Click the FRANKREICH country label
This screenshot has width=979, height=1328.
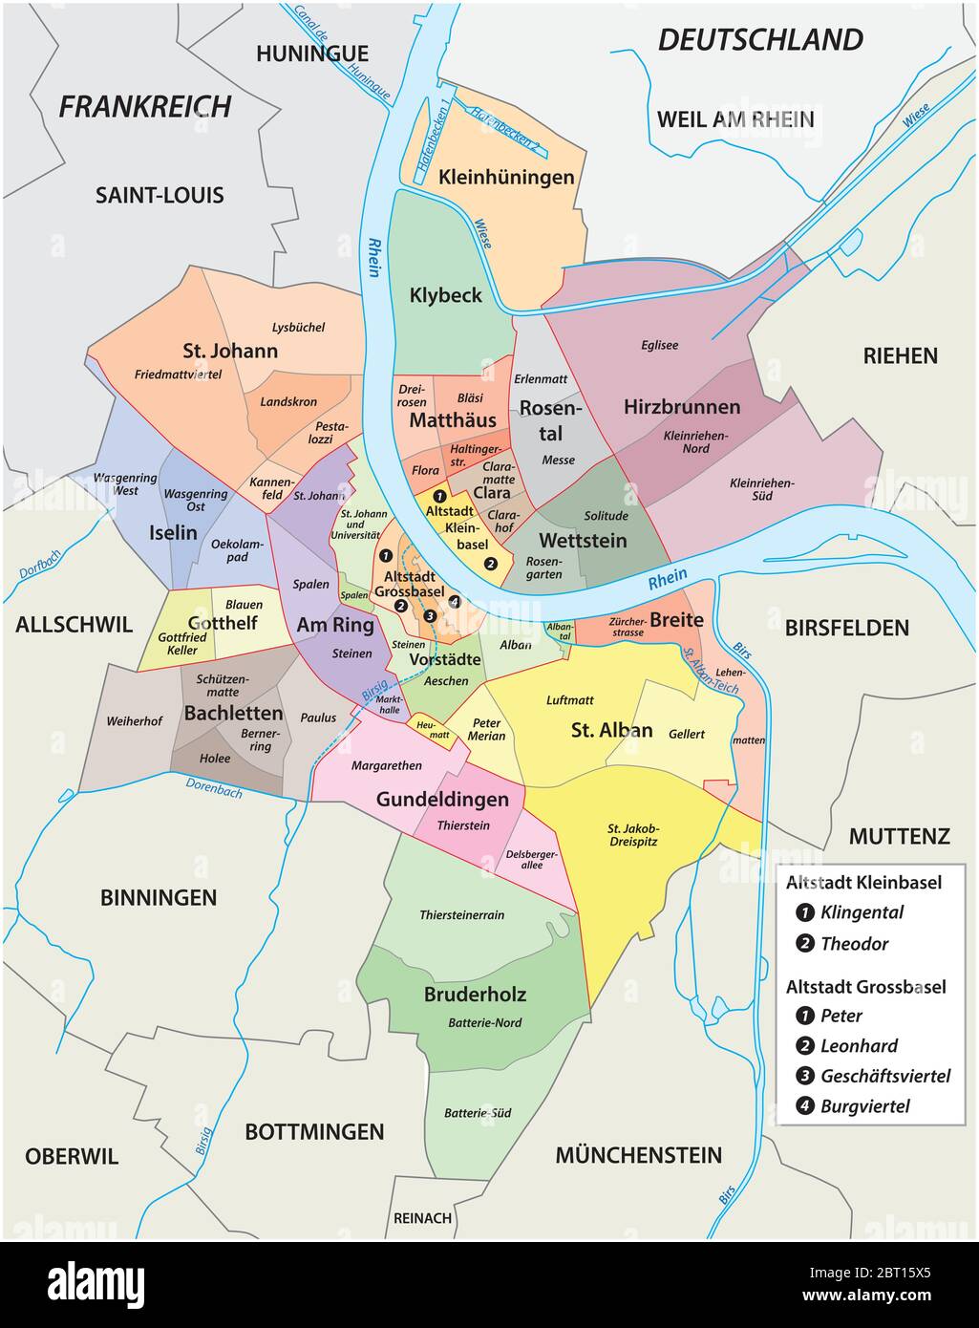tap(145, 106)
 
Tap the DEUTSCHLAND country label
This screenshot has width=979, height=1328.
tap(760, 40)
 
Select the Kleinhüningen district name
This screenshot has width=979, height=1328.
tap(506, 177)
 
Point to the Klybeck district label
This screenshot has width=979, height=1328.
tap(446, 295)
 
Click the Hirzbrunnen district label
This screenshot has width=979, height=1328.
tap(682, 407)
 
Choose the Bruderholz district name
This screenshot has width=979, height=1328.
tap(475, 995)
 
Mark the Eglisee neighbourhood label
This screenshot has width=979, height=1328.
tap(659, 346)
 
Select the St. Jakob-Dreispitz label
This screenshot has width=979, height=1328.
tap(633, 834)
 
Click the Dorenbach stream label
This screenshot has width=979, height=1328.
tap(216, 786)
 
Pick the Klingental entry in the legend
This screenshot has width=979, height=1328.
tap(862, 912)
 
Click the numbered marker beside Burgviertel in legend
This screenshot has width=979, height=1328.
tap(803, 1107)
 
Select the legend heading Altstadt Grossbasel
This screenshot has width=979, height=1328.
tap(865, 986)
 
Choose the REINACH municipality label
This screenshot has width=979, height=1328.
tap(422, 1218)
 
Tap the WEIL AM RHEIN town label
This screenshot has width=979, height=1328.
tap(735, 119)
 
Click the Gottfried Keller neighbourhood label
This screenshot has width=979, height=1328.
tap(181, 644)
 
